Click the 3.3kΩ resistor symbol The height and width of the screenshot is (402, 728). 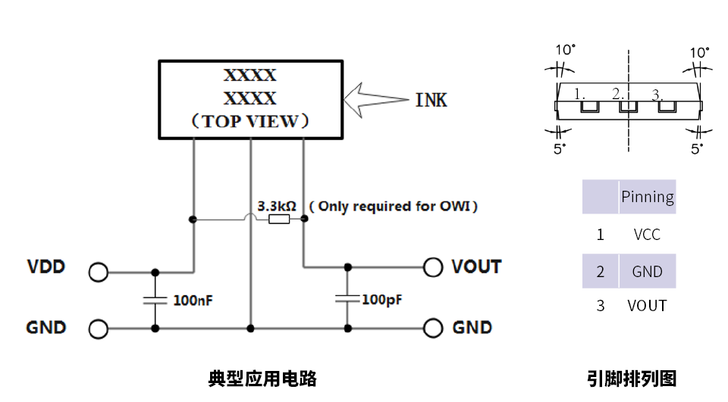pyautogui.click(x=278, y=220)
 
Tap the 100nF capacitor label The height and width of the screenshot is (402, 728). pyautogui.click(x=193, y=300)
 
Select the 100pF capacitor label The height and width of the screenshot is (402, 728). pyautogui.click(x=381, y=299)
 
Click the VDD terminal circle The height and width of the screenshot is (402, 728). pyautogui.click(x=98, y=272)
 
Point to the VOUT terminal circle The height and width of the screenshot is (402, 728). pyautogui.click(x=433, y=266)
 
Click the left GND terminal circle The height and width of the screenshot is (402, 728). pyautogui.click(x=98, y=329)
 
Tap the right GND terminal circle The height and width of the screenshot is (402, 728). pyautogui.click(x=433, y=328)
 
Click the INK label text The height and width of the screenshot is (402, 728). pyautogui.click(x=431, y=100)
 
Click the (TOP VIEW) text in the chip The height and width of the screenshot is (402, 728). pyautogui.click(x=249, y=121)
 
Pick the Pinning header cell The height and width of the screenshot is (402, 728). pyautogui.click(x=647, y=197)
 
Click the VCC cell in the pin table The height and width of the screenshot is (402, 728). pyautogui.click(x=647, y=235)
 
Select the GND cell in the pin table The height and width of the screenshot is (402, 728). pyautogui.click(x=647, y=272)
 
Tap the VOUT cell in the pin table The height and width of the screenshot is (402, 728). pyautogui.click(x=647, y=306)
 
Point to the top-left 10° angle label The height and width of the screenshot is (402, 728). pyautogui.click(x=565, y=51)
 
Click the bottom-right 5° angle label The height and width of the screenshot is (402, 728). pyautogui.click(x=696, y=149)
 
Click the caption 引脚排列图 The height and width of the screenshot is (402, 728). pyautogui.click(x=631, y=379)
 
